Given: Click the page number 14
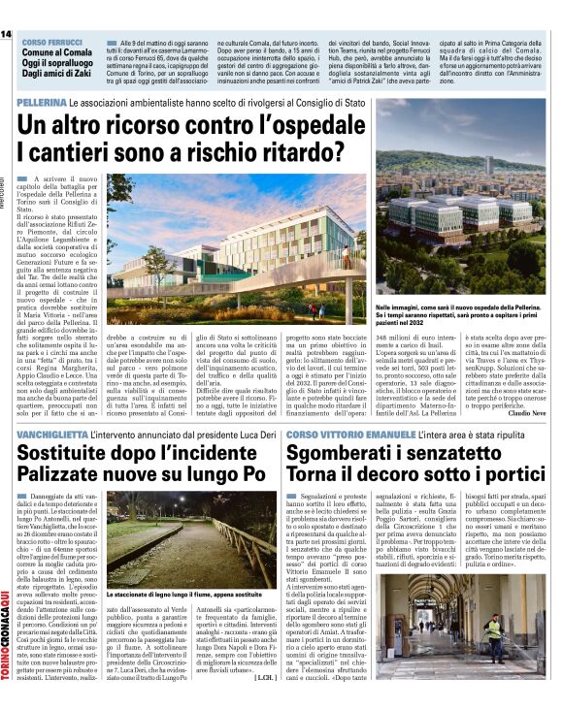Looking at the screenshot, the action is coord(7,34).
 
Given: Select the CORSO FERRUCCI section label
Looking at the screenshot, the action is coord(50,45).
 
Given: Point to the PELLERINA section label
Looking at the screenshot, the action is coord(40,103).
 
